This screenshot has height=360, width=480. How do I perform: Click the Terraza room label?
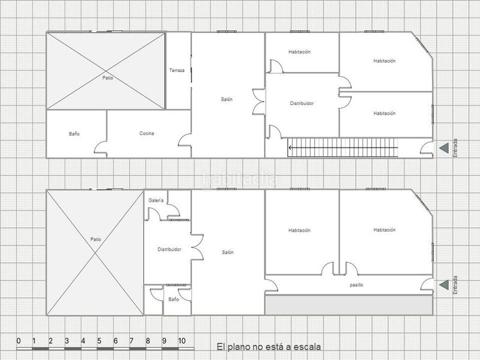[176, 71]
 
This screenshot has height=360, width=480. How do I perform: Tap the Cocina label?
[147, 133]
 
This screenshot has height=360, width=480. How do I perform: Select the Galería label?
[155, 200]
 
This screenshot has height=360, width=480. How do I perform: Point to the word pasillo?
[356, 285]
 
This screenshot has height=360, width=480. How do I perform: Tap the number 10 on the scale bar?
[182, 341]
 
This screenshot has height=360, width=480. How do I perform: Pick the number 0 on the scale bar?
[19, 341]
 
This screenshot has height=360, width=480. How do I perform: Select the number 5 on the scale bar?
[99, 341]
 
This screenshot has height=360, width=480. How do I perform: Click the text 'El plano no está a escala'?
[269, 347]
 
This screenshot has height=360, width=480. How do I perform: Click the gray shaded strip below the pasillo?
[349, 305]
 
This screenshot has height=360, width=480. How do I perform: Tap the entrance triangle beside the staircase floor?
[443, 148]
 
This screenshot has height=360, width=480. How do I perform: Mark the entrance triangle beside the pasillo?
[443, 284]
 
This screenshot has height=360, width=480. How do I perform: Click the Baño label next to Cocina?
[74, 134]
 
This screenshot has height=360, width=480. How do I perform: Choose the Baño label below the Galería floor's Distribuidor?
[173, 299]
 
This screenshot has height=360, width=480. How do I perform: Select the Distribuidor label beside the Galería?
[169, 249]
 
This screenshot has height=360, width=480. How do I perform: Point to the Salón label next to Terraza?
[226, 99]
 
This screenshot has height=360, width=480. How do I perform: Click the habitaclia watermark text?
[240, 179]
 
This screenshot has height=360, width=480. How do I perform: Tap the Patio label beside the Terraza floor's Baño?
[107, 78]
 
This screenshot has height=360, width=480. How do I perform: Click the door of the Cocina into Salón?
[185, 141]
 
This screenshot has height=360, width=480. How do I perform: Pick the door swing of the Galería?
[173, 210]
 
